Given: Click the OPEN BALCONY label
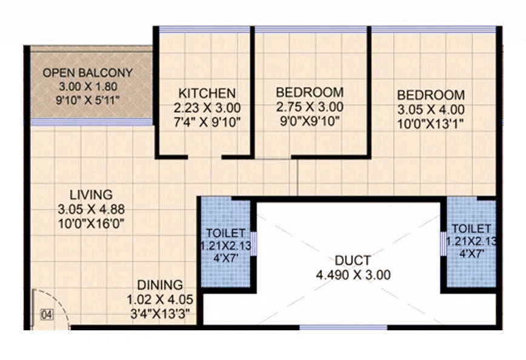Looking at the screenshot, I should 87,73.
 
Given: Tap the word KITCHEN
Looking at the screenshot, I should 207,93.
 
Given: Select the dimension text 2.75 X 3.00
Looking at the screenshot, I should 310,107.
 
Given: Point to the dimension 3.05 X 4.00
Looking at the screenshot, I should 431,110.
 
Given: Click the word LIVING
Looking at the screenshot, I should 91,195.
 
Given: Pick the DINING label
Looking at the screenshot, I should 159,285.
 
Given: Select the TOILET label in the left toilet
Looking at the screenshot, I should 225,233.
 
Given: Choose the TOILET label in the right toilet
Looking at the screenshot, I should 471,228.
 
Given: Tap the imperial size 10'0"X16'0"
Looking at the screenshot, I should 91,223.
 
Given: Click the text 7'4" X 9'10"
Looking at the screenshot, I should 207,122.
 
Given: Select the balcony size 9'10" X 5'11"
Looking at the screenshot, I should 87,99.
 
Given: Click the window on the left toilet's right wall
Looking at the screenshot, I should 254,244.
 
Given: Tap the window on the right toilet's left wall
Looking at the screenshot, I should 443,244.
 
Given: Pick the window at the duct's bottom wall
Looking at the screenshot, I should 343,328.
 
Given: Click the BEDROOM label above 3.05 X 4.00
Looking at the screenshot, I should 431,95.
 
